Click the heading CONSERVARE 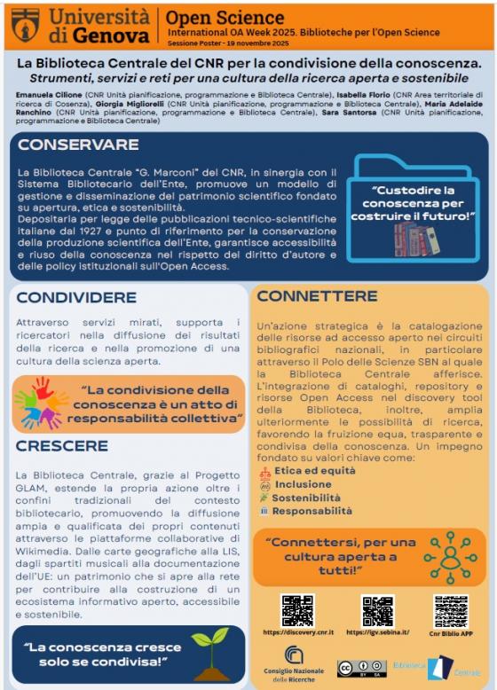coord(78,145)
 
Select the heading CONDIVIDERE coord(76,297)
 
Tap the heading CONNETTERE coord(317,295)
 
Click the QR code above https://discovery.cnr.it coord(297,610)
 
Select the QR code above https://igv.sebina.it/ coord(378,610)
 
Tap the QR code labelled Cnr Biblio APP coord(451,611)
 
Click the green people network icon coord(450,557)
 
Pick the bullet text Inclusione coord(303,485)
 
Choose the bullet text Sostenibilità coord(307,498)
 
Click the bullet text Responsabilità coord(312,511)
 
